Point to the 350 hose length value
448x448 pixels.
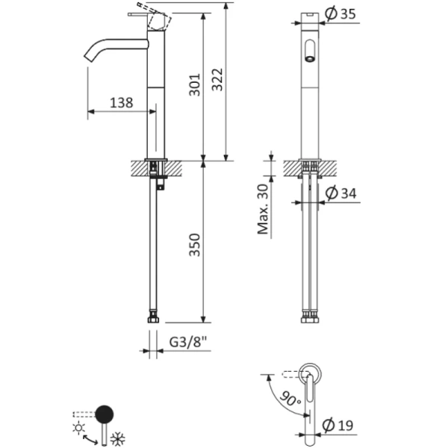(x=193, y=245)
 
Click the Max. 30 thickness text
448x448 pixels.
(x=263, y=209)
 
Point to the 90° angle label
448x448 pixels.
(x=290, y=398)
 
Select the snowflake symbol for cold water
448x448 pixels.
(x=117, y=438)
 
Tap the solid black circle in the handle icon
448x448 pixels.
(x=105, y=414)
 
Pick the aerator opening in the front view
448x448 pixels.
(x=309, y=54)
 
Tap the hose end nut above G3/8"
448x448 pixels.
(x=155, y=319)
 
